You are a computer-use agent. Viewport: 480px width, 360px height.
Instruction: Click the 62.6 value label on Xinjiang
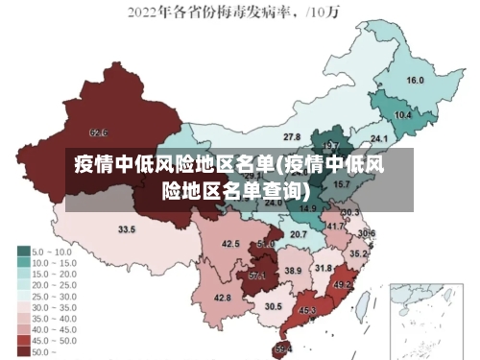pos(98,132)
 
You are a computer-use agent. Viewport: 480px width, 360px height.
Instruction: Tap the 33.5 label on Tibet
pos(127,229)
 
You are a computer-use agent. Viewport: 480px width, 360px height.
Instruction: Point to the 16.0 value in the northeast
pos(416,81)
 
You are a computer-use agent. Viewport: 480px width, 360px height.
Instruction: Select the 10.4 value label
pos(403,115)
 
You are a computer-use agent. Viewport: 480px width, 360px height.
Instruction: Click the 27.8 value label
pos(291,137)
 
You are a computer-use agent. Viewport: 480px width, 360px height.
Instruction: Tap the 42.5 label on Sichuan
pos(230,245)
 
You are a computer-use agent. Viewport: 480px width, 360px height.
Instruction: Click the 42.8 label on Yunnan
pos(222,299)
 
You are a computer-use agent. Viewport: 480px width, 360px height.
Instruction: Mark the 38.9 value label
pos(293,272)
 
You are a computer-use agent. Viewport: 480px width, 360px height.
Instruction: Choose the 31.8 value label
pos(324,269)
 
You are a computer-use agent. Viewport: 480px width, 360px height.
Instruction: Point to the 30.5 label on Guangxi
pos(274,306)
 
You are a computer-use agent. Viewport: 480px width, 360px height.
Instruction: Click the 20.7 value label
pos(299,234)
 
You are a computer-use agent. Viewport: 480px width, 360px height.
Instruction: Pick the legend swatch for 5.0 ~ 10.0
pos(23,252)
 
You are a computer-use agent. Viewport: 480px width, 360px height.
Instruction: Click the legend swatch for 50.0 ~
pos(23,352)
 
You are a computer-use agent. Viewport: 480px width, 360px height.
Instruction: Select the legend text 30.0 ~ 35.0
pos(53,305)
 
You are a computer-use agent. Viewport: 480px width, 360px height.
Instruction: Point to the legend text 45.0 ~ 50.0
pos(53,340)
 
